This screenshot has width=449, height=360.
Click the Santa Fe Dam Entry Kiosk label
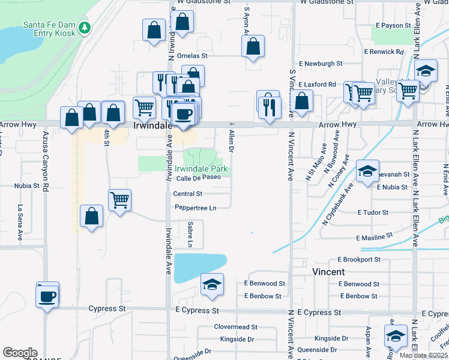[49, 29]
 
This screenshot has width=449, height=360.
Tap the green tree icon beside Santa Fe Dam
[85, 27]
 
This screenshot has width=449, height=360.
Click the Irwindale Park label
[201, 169]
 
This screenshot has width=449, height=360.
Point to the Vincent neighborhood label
[328, 271]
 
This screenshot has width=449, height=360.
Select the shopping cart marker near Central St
[120, 200]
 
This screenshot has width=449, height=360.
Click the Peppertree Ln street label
[195, 208]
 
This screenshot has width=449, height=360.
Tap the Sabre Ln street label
[190, 233]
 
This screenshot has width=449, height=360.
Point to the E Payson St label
[393, 26]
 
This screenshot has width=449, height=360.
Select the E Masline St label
[373, 237]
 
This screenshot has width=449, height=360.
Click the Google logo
[20, 353]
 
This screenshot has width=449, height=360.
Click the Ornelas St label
[192, 55]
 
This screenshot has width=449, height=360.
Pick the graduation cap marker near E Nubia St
[367, 171]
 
